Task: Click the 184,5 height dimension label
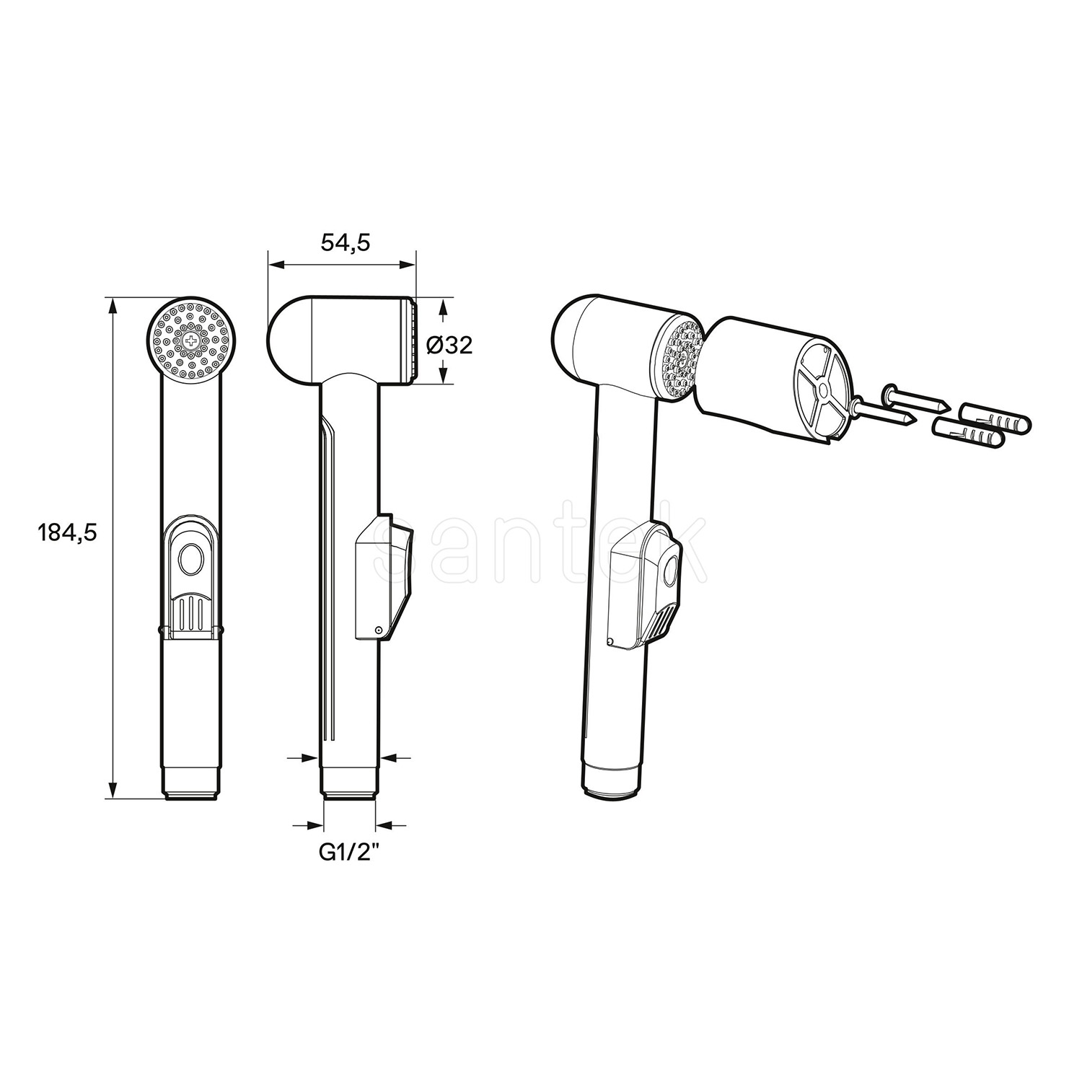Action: (66, 533)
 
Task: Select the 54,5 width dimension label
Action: (345, 244)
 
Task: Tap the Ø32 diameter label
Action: (449, 346)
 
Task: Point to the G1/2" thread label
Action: (349, 853)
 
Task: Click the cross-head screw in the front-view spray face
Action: (191, 340)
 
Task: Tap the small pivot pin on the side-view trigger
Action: (378, 630)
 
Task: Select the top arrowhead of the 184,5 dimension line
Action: (112, 304)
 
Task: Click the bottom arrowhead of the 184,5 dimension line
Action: (112, 791)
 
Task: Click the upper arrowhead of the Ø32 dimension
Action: (443, 307)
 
